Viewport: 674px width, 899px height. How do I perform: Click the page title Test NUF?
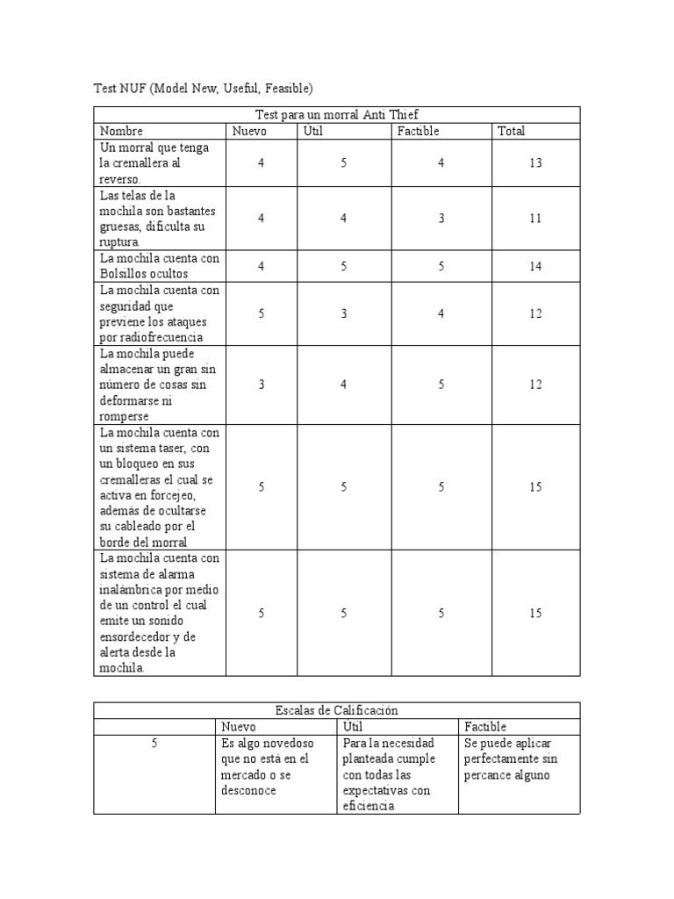coord(203,88)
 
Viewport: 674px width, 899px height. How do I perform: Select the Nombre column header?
coord(121,131)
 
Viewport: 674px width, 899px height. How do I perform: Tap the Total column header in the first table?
coord(511,131)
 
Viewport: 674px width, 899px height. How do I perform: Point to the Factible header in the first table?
coord(418,131)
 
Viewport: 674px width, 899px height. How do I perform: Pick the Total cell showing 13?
coord(536,163)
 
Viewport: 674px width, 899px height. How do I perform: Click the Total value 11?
coord(536,219)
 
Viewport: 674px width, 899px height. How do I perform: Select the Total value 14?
coord(536,267)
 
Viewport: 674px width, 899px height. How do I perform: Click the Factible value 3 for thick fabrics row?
coord(441,219)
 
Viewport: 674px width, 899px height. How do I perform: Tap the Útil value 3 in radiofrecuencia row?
coord(344,313)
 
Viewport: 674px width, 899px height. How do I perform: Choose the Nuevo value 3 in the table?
coord(262,385)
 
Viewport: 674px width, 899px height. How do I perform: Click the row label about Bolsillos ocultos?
coord(159,266)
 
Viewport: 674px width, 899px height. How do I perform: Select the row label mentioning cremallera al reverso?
coord(154,163)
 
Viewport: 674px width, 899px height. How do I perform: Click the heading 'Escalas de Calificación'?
coord(336,710)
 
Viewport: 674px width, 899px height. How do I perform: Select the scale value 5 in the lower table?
coord(154,744)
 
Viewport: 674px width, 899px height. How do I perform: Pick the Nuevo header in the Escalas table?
coord(239,727)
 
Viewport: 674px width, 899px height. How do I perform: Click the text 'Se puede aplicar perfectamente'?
coord(511,751)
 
